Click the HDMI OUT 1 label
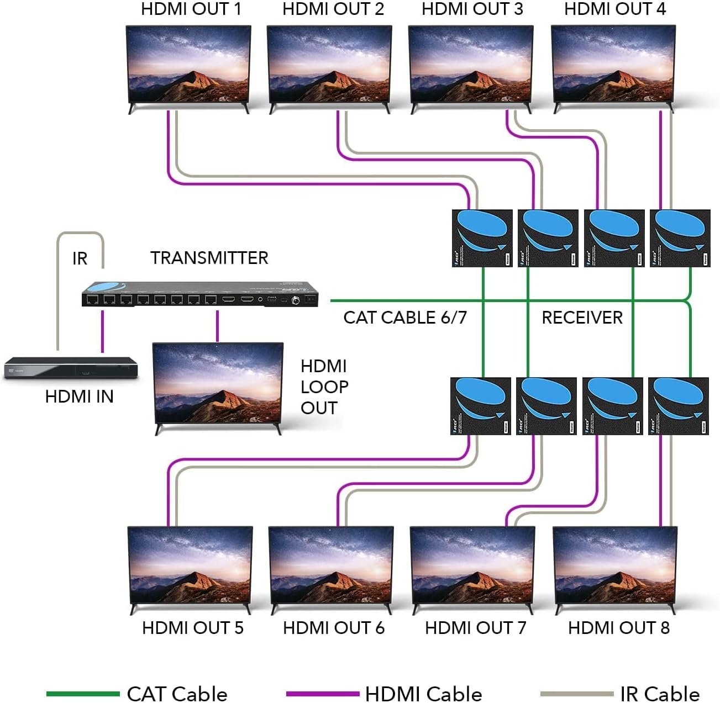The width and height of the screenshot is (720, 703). (x=191, y=9)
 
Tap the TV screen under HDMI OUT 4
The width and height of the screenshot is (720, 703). (x=613, y=64)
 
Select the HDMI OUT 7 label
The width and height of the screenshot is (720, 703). (x=475, y=628)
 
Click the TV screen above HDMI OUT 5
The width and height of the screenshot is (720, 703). (x=190, y=565)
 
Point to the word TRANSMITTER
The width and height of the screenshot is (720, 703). (x=209, y=258)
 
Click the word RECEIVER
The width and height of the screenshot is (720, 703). (x=582, y=318)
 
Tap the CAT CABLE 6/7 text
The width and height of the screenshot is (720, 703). (x=404, y=318)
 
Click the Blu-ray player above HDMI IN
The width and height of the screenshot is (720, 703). (x=71, y=368)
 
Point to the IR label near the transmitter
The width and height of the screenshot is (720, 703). (x=80, y=258)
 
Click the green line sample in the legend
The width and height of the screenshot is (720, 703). (x=83, y=694)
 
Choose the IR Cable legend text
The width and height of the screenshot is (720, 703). (x=659, y=694)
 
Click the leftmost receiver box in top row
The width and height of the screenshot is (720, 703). (x=482, y=238)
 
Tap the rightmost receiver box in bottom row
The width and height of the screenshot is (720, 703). (x=678, y=406)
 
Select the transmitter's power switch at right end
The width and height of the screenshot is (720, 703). (x=311, y=300)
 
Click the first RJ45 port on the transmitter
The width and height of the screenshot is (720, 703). (x=92, y=300)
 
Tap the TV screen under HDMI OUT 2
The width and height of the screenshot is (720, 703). (x=329, y=64)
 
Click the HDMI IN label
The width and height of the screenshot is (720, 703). (x=79, y=397)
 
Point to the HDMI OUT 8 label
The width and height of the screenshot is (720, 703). (x=618, y=628)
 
